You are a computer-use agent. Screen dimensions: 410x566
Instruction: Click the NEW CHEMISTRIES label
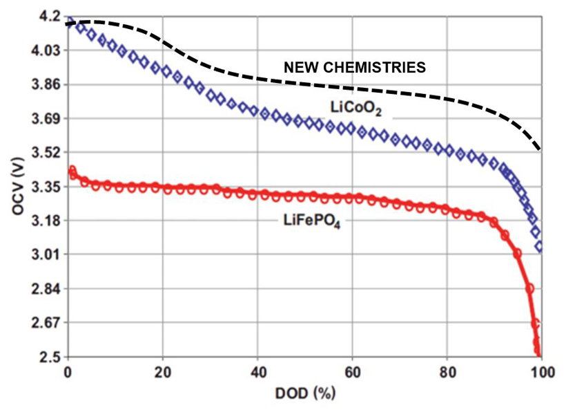pyautogui.click(x=355, y=67)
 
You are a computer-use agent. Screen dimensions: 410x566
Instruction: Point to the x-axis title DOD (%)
pyautogui.click(x=301, y=395)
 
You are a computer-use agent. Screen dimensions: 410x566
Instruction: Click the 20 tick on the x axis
pyautogui.click(x=163, y=372)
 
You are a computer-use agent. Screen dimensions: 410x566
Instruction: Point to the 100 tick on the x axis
pyautogui.click(x=541, y=372)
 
